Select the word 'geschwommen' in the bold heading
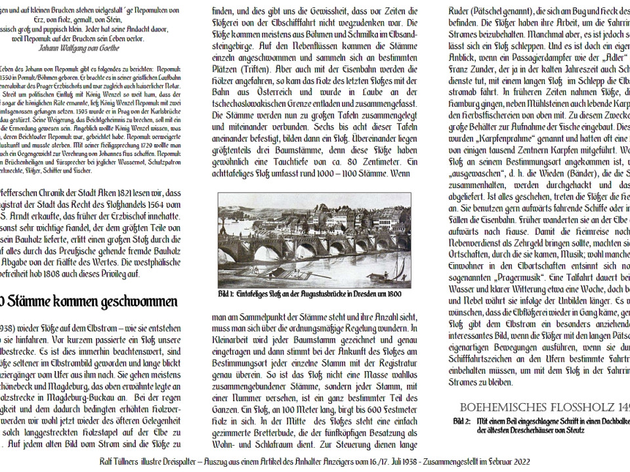click(x=140, y=302)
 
